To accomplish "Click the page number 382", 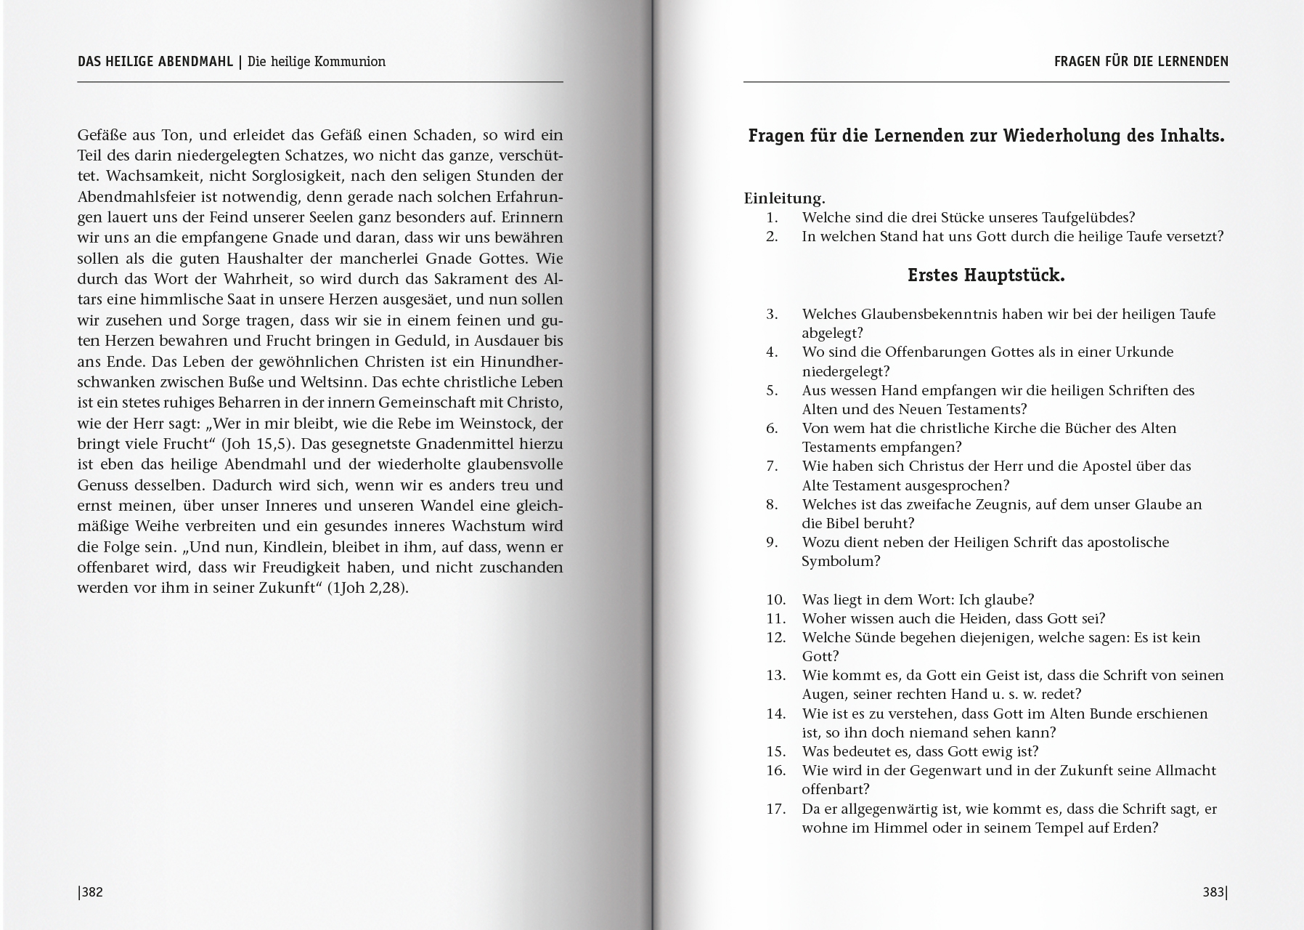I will (x=91, y=892).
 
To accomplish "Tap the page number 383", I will (x=1214, y=892).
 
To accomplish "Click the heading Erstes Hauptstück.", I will (x=986, y=276).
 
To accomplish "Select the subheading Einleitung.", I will (x=784, y=198).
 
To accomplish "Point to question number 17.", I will (x=776, y=809).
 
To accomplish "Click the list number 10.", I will (x=776, y=599).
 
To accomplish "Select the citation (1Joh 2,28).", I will (x=367, y=588).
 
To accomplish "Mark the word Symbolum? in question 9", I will (x=841, y=561).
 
